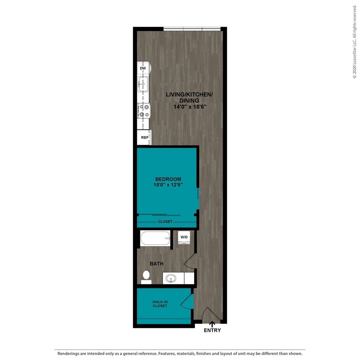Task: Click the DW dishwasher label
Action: pyautogui.click(x=143, y=68)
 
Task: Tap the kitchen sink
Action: pyautogui.click(x=143, y=84)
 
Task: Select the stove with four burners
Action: pyautogui.click(x=143, y=111)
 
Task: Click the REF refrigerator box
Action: pyautogui.click(x=145, y=138)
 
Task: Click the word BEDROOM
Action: pyautogui.click(x=168, y=179)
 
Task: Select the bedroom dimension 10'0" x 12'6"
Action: pyautogui.click(x=168, y=185)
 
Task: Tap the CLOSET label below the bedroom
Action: pyautogui.click(x=165, y=222)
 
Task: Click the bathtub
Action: pyautogui.click(x=155, y=238)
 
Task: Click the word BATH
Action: pyautogui.click(x=157, y=264)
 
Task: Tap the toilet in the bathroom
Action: pyautogui.click(x=146, y=276)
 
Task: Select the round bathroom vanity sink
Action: pyautogui.click(x=171, y=279)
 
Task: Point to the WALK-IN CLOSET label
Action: pyautogui.click(x=160, y=304)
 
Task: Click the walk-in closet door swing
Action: pyautogui.click(x=186, y=303)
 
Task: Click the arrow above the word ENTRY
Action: pyautogui.click(x=212, y=325)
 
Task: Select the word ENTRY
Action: pyautogui.click(x=212, y=330)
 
